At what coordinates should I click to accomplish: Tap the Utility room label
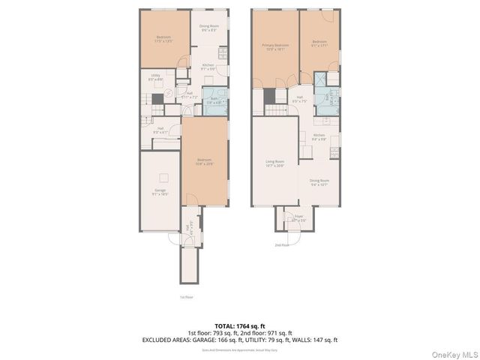click(155, 76)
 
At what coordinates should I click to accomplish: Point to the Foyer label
click(298, 220)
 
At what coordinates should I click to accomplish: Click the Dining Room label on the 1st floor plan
click(208, 28)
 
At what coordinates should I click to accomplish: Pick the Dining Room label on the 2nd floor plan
click(320, 181)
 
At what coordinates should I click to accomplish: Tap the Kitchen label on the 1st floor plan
click(208, 67)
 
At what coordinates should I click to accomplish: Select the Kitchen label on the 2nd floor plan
click(319, 136)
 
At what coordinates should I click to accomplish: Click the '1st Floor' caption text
click(187, 297)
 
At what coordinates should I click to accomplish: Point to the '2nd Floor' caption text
click(282, 245)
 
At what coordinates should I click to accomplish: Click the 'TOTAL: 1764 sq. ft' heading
click(239, 325)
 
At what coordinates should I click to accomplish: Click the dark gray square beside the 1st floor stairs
click(157, 97)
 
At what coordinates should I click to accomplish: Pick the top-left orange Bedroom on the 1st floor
click(163, 38)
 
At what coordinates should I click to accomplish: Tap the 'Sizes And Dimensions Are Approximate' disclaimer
click(239, 350)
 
